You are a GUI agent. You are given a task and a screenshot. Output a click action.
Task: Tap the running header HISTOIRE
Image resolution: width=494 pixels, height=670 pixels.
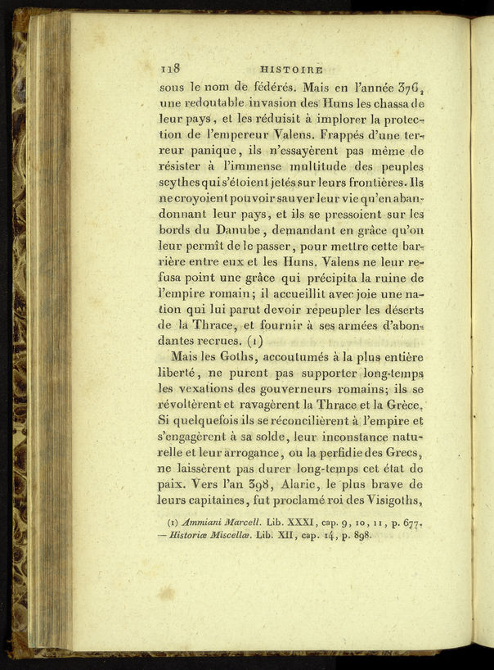click(291, 70)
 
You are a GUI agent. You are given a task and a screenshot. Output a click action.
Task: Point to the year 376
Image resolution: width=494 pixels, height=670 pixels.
click(410, 84)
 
